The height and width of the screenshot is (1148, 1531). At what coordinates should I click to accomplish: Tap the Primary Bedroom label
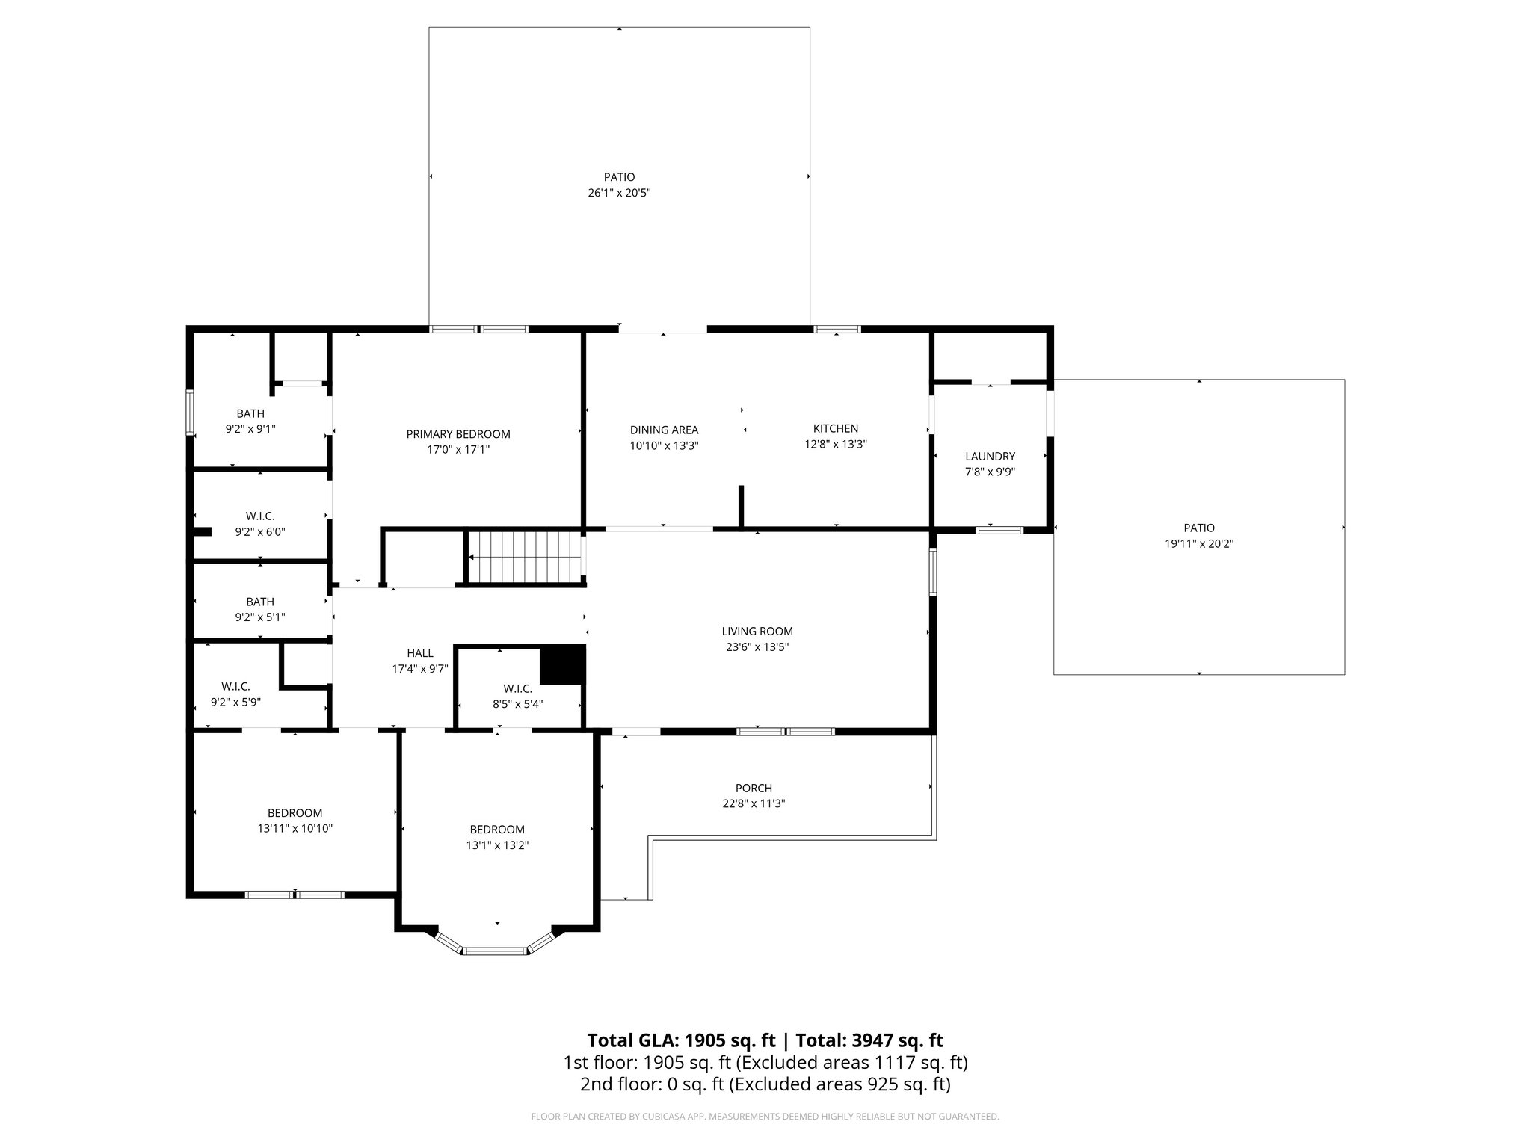coord(458,434)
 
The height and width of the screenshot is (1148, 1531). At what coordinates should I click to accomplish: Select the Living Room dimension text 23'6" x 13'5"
coord(757,647)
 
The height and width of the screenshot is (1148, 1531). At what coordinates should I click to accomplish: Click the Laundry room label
coord(990,456)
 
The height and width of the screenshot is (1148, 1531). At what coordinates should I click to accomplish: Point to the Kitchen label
coord(835,428)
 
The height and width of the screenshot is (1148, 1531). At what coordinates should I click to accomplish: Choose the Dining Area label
coord(664,430)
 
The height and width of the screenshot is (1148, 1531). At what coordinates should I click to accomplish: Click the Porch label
coord(754,788)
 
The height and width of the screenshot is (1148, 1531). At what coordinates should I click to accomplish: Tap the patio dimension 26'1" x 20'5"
coord(619,193)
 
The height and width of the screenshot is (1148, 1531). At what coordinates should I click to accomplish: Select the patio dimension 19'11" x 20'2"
coord(1199,544)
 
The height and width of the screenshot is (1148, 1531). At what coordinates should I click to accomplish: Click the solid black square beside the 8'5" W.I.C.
coord(562,664)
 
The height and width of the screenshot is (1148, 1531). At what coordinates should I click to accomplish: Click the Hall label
coord(420,653)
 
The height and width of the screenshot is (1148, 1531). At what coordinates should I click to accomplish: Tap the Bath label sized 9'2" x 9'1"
coord(250,413)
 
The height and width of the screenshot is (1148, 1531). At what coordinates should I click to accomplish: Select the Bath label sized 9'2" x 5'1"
coord(260,602)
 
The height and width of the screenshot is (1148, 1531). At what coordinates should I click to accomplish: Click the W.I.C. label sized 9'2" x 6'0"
coord(260,516)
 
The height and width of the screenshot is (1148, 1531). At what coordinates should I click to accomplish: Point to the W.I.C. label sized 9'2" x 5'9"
coord(235,686)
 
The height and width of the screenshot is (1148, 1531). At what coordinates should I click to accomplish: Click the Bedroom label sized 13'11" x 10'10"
coord(295,813)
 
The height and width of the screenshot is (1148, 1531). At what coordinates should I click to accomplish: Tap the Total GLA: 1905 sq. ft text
coord(681,1040)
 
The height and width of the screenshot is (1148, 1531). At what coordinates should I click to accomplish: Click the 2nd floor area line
coord(765,1084)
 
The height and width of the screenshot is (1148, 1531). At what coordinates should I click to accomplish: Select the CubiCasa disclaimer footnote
coord(765,1117)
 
